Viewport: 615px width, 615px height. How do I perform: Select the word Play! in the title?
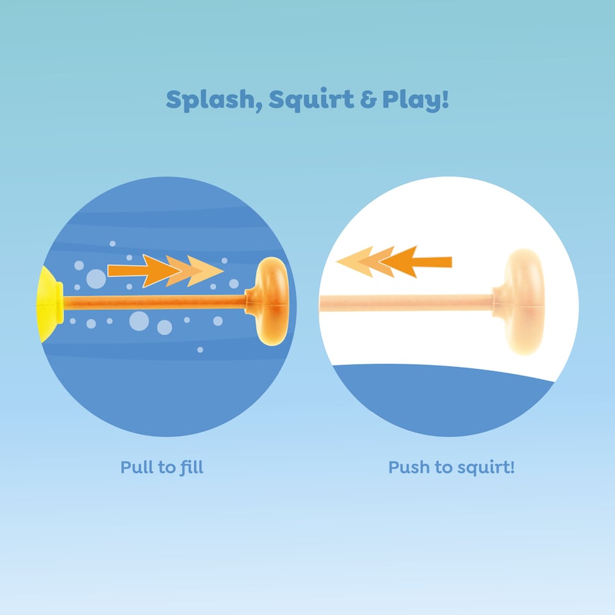[415, 100]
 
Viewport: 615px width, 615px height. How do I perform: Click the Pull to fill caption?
[161, 467]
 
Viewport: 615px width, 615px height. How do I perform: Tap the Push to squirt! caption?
[451, 467]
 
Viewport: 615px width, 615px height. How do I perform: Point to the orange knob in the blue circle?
[270, 301]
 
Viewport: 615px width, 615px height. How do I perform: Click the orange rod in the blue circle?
[154, 302]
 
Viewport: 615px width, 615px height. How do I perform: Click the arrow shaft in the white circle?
[433, 261]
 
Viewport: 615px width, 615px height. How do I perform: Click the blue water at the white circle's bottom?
[442, 404]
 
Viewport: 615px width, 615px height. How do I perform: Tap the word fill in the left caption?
[190, 467]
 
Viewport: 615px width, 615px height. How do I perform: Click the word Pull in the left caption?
[136, 467]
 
